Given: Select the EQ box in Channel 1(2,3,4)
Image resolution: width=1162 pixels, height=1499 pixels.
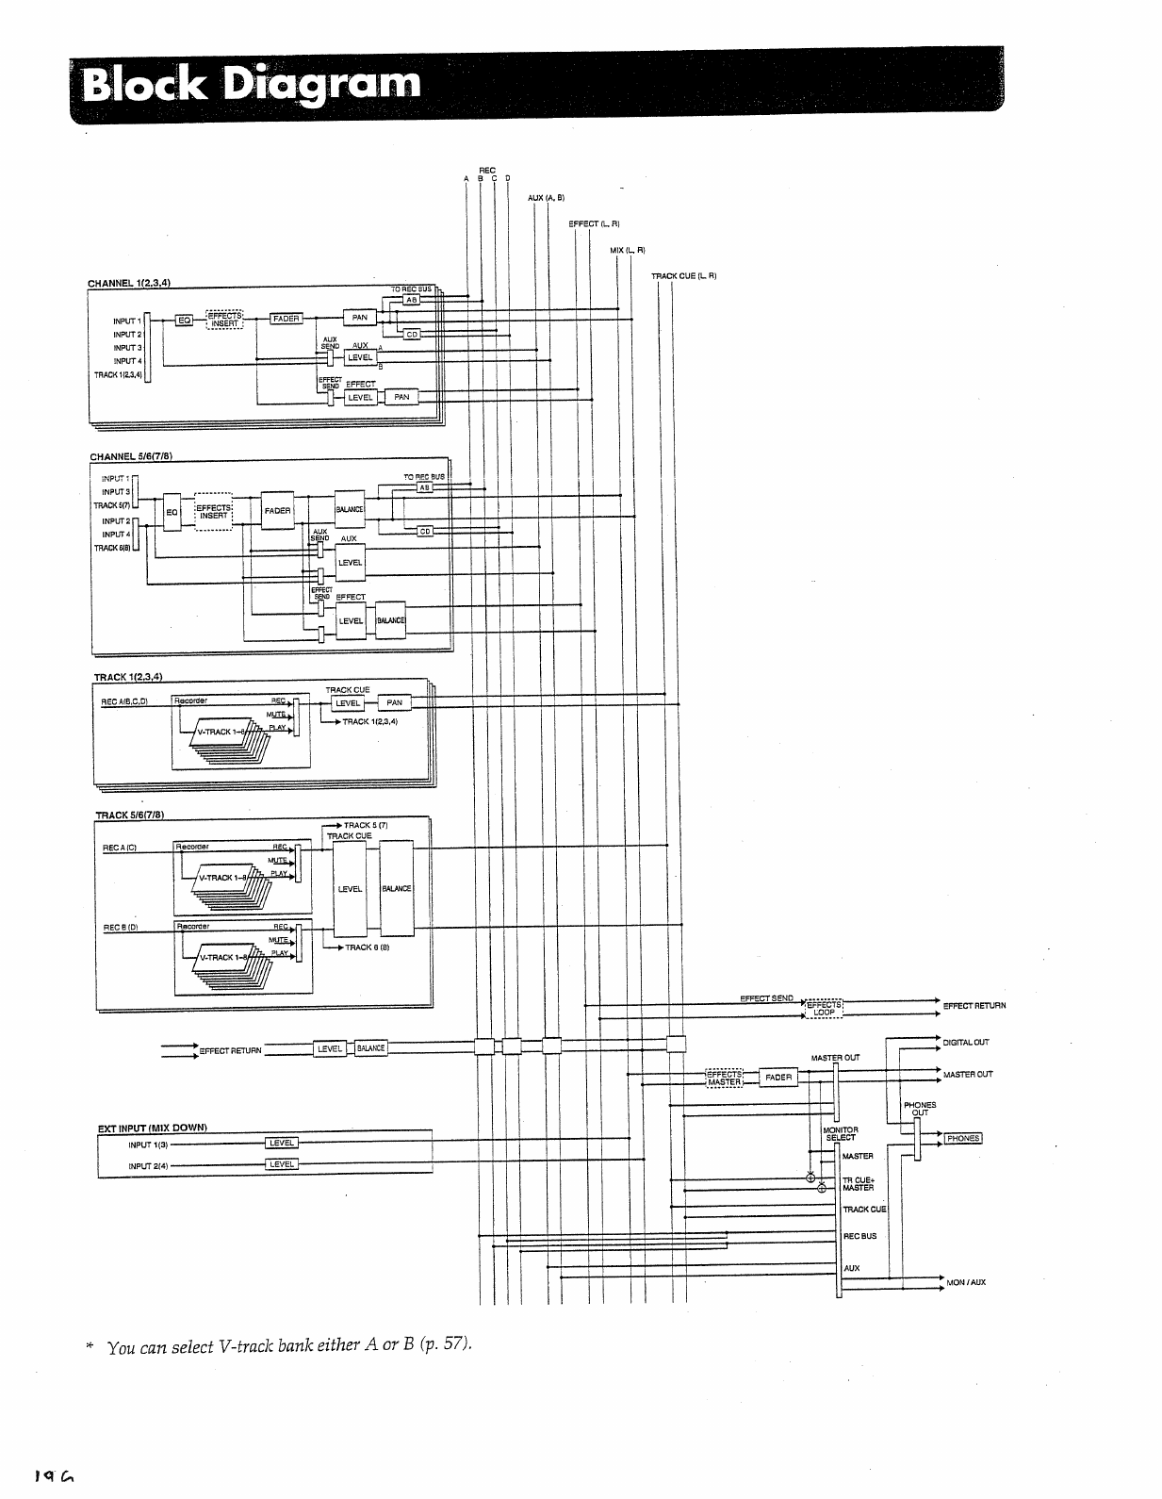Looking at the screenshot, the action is tap(185, 321).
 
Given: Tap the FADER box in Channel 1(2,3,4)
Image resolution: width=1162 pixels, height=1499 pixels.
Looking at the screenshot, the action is tap(286, 319).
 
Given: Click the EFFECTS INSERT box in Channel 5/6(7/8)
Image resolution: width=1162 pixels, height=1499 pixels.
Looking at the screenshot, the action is tap(214, 512).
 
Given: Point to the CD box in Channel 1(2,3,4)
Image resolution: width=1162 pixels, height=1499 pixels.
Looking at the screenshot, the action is tap(412, 335).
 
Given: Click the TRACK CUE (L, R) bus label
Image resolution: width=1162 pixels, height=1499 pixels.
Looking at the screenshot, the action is tap(684, 276).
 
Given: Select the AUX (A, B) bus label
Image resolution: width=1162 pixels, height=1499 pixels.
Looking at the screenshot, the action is tap(546, 197).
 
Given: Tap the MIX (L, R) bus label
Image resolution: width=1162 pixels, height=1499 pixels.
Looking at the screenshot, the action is tap(627, 250).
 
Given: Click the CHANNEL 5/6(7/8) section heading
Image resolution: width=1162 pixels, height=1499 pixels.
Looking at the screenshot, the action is tap(131, 456).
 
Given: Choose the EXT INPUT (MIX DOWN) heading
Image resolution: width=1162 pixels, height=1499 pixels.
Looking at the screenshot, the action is tap(152, 1128).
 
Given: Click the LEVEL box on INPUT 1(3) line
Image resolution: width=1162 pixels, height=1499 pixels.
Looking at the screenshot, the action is tap(282, 1144).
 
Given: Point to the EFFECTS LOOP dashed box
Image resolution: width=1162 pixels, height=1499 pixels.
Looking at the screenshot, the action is tap(824, 1009).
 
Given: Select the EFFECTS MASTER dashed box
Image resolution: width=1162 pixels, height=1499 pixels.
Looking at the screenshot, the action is tap(724, 1078).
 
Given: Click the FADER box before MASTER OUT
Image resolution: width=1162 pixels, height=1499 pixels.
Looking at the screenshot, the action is tap(778, 1078).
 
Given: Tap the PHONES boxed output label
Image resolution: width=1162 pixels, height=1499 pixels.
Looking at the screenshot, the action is tap(963, 1138).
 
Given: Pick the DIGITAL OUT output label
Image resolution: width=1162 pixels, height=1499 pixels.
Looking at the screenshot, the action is tap(966, 1043).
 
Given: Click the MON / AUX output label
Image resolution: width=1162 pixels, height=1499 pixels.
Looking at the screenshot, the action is tap(966, 1282).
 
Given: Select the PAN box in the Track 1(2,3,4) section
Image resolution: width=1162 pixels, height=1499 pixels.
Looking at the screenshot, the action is tap(394, 702).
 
